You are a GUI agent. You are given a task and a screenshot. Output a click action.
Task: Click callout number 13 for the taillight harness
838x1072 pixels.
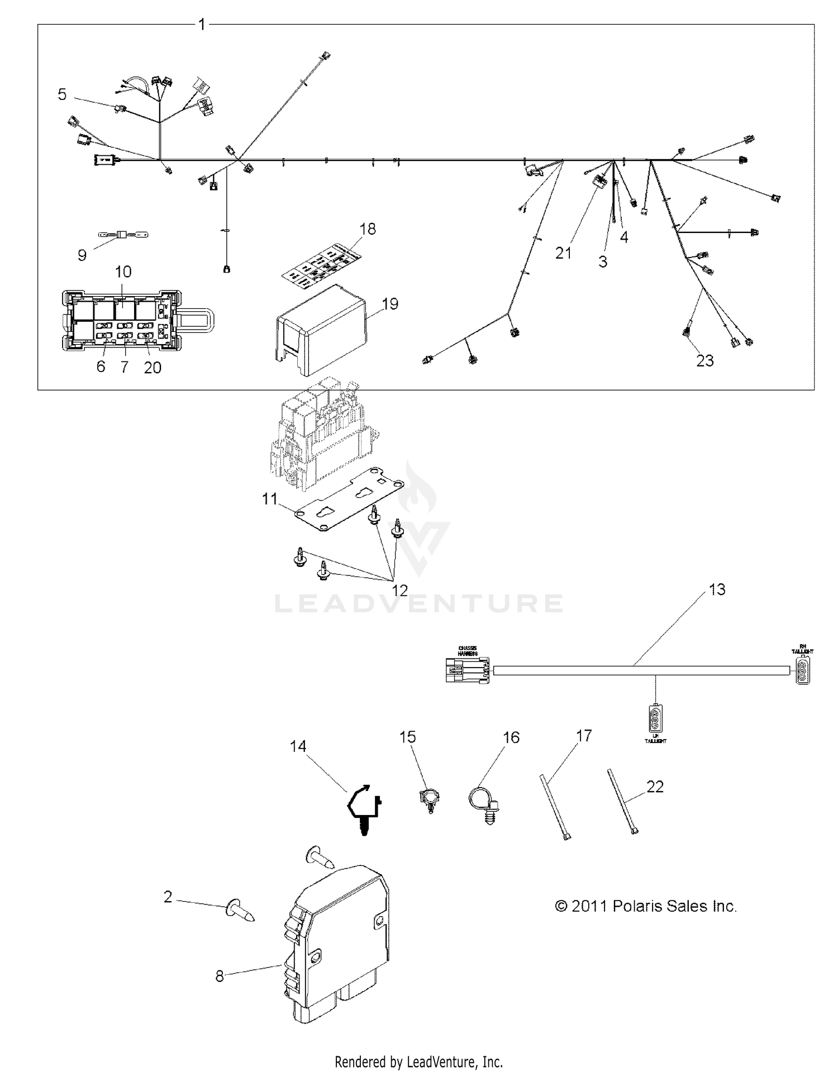(717, 589)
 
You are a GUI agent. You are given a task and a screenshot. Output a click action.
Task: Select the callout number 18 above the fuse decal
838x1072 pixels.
(368, 229)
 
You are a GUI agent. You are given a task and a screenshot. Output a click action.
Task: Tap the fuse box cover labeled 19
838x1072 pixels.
(321, 330)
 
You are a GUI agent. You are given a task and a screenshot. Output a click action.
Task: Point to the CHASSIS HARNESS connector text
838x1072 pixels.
(467, 651)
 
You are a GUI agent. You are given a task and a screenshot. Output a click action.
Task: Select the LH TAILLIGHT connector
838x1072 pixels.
(655, 719)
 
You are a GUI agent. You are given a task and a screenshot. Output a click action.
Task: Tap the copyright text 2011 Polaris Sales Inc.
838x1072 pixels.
(646, 906)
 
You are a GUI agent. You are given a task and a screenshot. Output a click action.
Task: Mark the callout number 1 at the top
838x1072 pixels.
(202, 25)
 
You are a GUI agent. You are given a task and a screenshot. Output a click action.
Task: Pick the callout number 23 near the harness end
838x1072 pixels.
(705, 361)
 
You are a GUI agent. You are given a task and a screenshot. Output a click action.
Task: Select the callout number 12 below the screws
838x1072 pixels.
(400, 590)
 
